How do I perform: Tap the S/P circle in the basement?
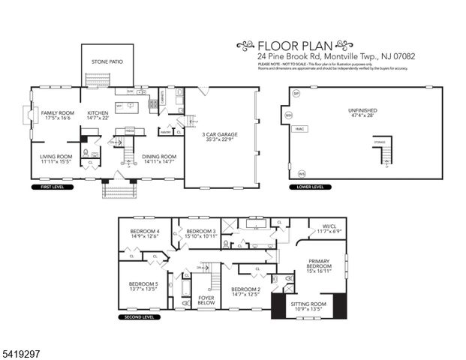coord(296,94)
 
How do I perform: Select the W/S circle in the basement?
coord(302,172)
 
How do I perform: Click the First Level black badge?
coord(46,187)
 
